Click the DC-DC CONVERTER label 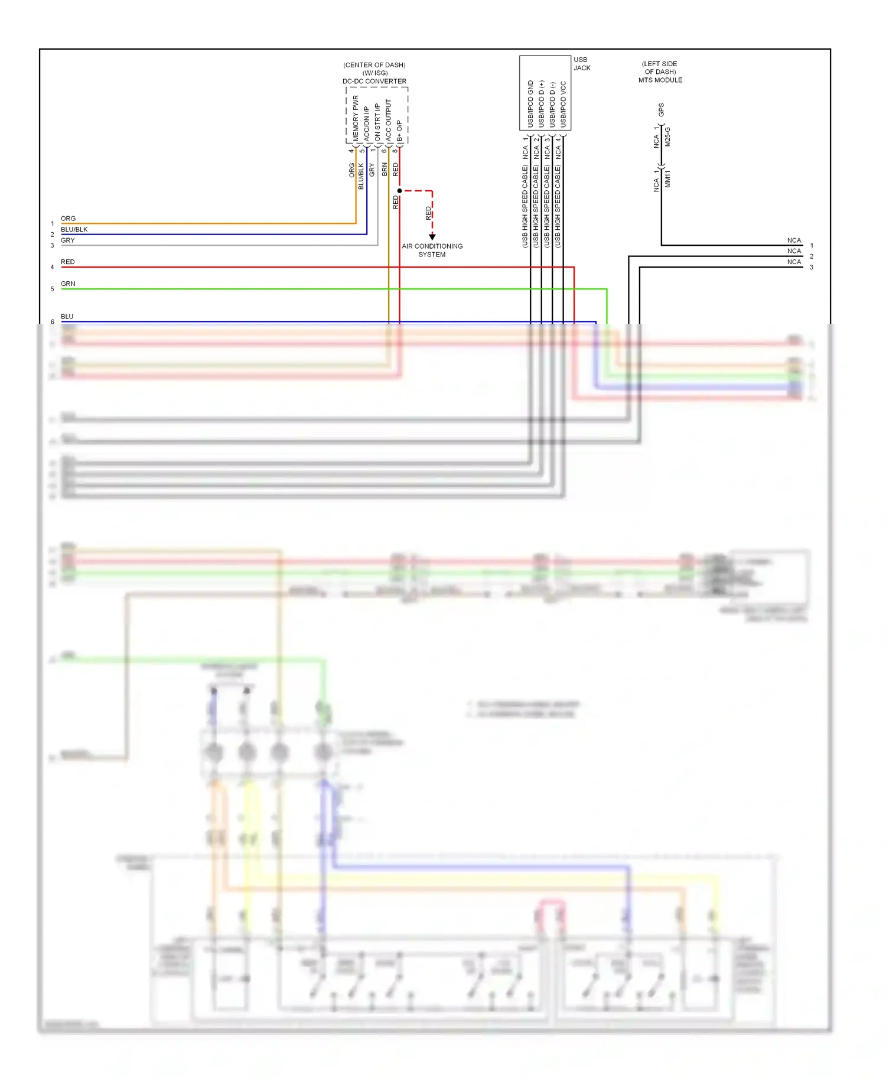pyautogui.click(x=374, y=82)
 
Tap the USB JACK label pyautogui.click(x=582, y=64)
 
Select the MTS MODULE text pyautogui.click(x=660, y=80)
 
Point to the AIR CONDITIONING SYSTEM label pyautogui.click(x=432, y=251)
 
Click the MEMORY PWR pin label pyautogui.click(x=356, y=118)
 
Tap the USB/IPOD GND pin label pyautogui.click(x=530, y=104)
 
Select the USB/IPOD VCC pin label pyautogui.click(x=563, y=104)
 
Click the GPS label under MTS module pyautogui.click(x=661, y=110)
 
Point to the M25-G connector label pyautogui.click(x=668, y=137)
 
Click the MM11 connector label pyautogui.click(x=668, y=179)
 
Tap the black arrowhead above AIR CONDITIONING pyautogui.click(x=432, y=237)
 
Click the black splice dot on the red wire pyautogui.click(x=400, y=191)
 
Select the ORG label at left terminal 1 pyautogui.click(x=68, y=219)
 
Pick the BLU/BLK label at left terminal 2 pyautogui.click(x=74, y=230)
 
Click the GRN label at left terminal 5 pyautogui.click(x=68, y=284)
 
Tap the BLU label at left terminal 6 pyautogui.click(x=67, y=317)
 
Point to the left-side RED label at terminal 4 pyautogui.click(x=67, y=262)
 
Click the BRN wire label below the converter pyautogui.click(x=385, y=170)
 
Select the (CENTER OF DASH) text pyautogui.click(x=374, y=65)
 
